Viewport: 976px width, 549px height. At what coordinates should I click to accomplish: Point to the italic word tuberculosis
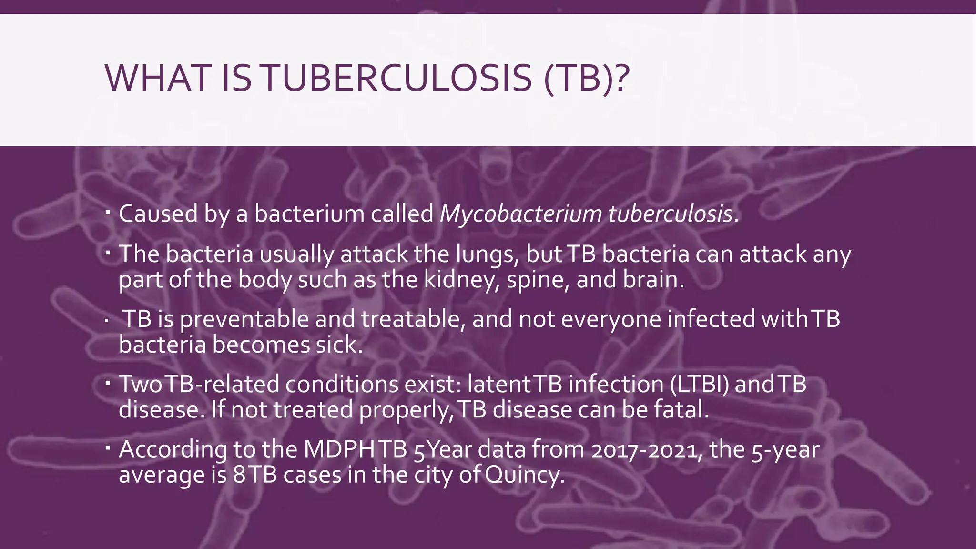click(x=671, y=214)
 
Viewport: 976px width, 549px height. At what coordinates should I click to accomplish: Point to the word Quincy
click(x=524, y=475)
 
